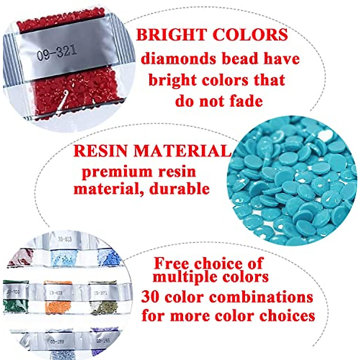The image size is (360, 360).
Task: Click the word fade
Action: point(245,101)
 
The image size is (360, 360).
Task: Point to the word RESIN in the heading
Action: point(101,151)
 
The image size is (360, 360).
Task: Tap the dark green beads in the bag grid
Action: point(15,306)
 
